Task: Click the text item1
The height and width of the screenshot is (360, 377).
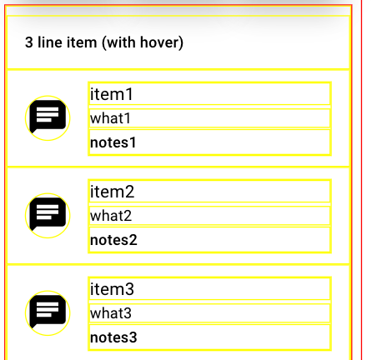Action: click(112, 94)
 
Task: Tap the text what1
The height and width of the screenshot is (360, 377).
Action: click(110, 118)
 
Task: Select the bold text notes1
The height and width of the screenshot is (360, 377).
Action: click(113, 142)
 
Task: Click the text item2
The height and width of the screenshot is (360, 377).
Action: click(112, 192)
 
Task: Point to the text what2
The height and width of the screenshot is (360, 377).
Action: click(111, 216)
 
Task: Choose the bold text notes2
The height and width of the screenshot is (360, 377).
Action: click(113, 240)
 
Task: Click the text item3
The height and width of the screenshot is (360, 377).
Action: click(112, 289)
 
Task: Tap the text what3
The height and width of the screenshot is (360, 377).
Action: click(111, 313)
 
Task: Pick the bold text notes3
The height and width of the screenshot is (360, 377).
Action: click(113, 337)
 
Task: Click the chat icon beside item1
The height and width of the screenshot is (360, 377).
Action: click(48, 117)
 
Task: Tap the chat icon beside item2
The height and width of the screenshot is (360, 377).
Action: click(48, 214)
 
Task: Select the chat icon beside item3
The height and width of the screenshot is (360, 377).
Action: click(48, 312)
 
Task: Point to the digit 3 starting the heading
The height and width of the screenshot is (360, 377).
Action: click(29, 42)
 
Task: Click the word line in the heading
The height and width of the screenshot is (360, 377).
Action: click(50, 42)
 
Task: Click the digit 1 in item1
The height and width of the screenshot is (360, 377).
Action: click(129, 94)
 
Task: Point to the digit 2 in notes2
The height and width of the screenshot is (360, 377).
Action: click(133, 240)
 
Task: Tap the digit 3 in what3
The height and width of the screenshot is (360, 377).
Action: click(128, 313)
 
